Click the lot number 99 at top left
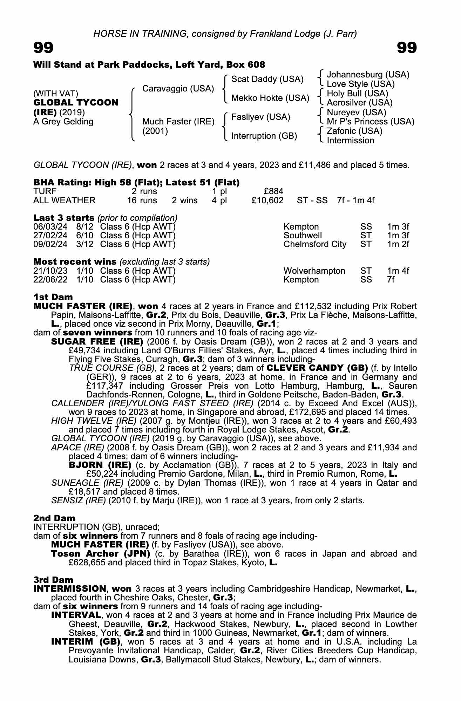pyautogui.click(x=43, y=48)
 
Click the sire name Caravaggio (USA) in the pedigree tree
pyautogui.click(x=178, y=89)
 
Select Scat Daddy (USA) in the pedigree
pyautogui.click(x=267, y=79)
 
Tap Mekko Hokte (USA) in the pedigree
pyautogui.click(x=270, y=98)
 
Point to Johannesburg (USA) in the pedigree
pyautogui.click(x=368, y=75)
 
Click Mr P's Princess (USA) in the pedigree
pyautogui.click(x=370, y=122)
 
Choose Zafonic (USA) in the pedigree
pyautogui.click(x=354, y=131)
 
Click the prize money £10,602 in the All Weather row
pyautogui.click(x=267, y=200)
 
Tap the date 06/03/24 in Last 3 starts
pyautogui.click(x=50, y=227)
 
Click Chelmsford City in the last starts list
pyautogui.click(x=315, y=244)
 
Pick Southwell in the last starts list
pyautogui.click(x=303, y=236)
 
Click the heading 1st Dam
pyautogui.click(x=53, y=297)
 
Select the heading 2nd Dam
pyautogui.click(x=54, y=518)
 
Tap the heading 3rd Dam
pyautogui.click(x=53, y=580)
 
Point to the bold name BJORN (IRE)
pyautogui.click(x=100, y=465)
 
